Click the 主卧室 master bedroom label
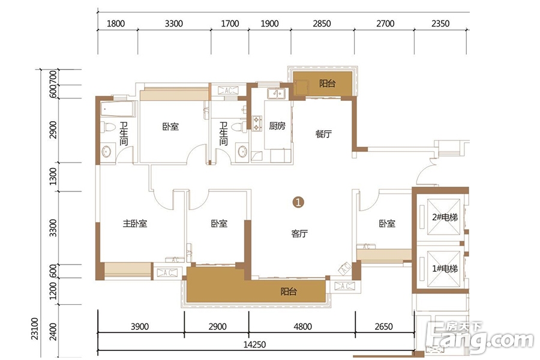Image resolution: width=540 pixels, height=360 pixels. tap(135, 224)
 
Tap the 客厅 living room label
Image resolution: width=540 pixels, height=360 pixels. tap(299, 233)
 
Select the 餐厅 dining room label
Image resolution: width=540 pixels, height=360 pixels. tap(323, 134)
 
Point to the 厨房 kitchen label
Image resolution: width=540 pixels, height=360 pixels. tap(277, 126)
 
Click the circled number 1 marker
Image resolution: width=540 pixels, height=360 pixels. tap(298, 202)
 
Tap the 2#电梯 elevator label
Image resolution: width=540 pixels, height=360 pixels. tap(445, 217)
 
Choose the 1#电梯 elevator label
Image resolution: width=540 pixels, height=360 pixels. tap(445, 268)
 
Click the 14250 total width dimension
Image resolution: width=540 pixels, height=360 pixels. tap(254, 344)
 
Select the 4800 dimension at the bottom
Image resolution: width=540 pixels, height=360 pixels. tap(303, 326)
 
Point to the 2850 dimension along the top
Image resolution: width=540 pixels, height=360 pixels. tap(322, 23)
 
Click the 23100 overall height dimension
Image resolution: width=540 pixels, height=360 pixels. tap(35, 329)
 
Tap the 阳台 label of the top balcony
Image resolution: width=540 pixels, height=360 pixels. tap(327, 83)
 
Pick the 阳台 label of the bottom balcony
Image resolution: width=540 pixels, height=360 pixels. tap(289, 292)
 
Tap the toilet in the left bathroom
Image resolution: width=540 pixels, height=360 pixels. tap(108, 127)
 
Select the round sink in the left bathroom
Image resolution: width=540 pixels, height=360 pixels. tap(106, 152)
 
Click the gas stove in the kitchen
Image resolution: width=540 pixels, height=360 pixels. tap(257, 124)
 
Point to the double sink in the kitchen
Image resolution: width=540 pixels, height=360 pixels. tap(276, 93)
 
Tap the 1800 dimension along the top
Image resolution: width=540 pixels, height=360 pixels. tap(116, 23)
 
